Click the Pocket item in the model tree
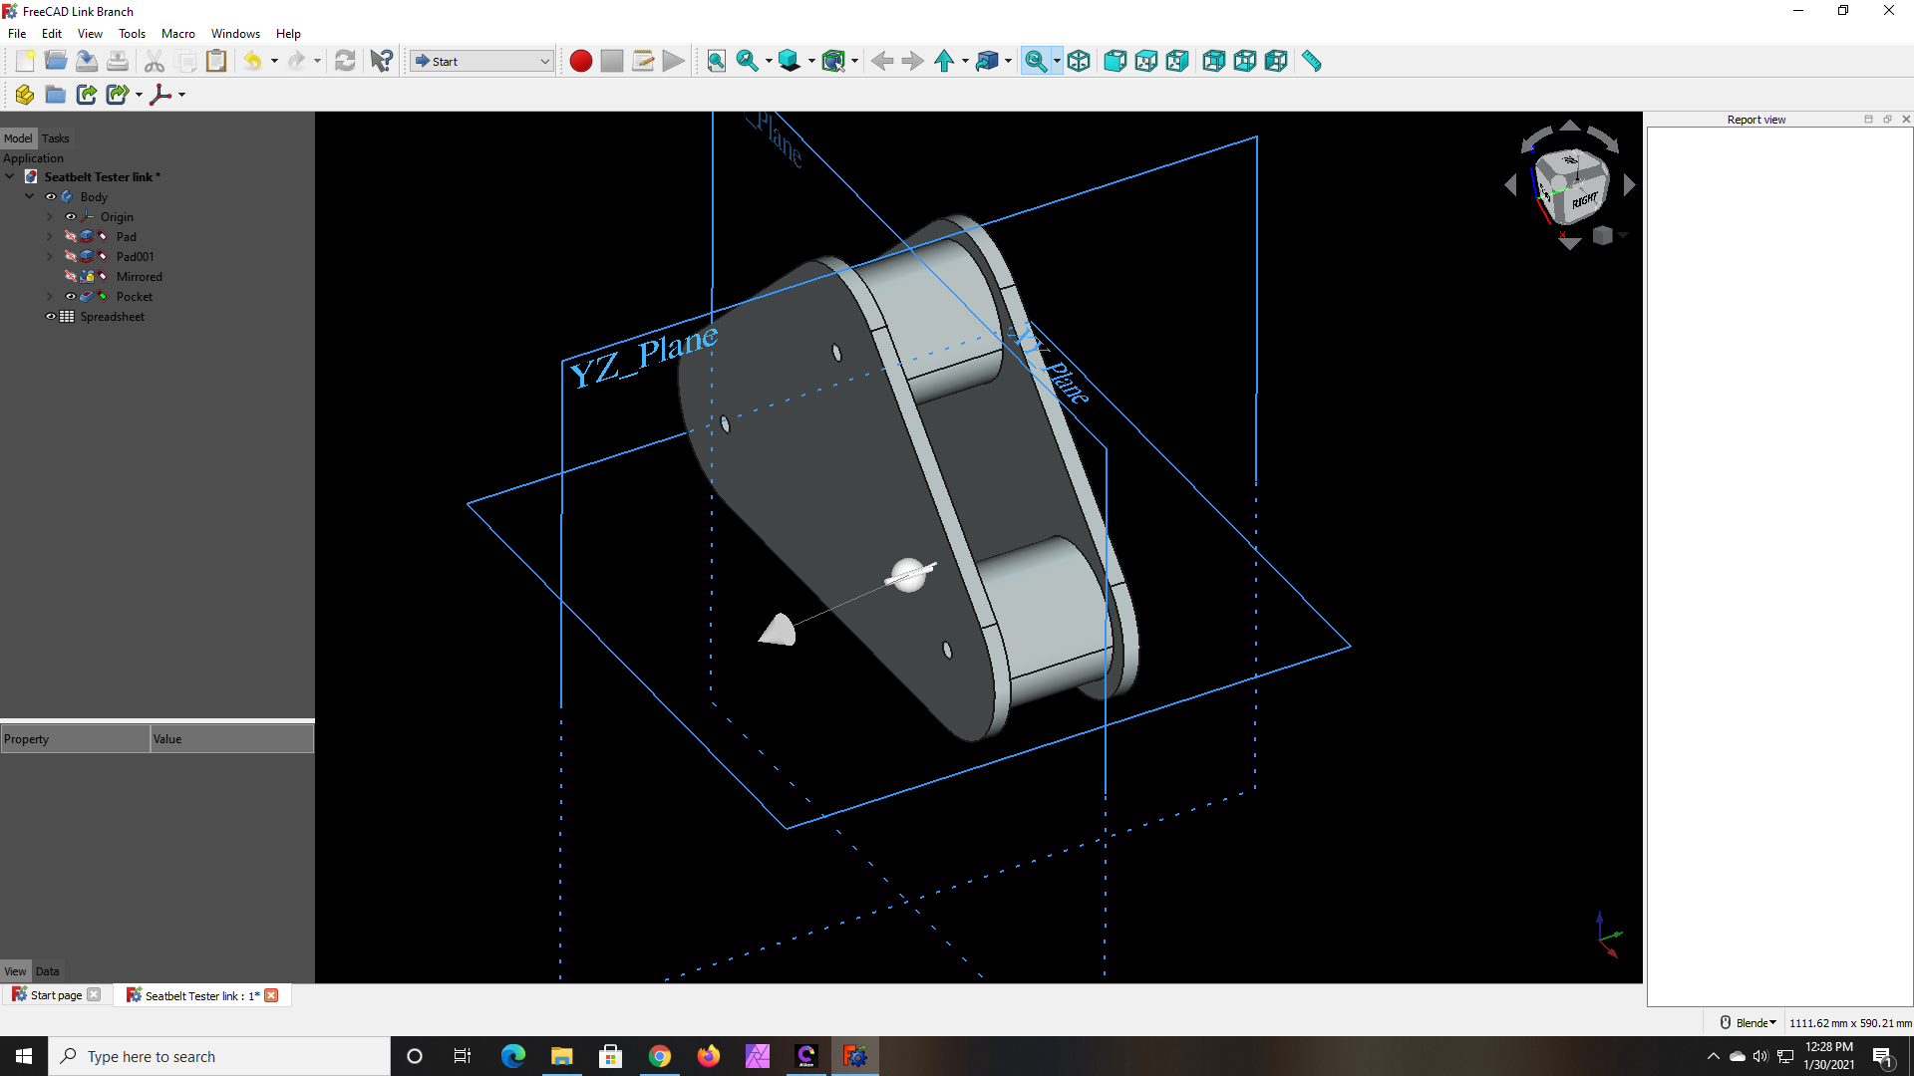134,297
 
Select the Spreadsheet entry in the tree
112,317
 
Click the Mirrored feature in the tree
139,277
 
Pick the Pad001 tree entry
135,257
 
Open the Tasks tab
56,138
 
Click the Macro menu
178,34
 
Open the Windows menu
235,34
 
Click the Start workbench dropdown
482,62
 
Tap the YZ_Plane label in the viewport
643,357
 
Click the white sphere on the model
908,575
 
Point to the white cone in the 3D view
779,631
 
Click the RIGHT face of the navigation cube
1584,200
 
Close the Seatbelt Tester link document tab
271,995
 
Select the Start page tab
56,995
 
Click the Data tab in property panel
48,971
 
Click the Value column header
231,739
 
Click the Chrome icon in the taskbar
660,1056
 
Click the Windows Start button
24,1056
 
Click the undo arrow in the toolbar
252,62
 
